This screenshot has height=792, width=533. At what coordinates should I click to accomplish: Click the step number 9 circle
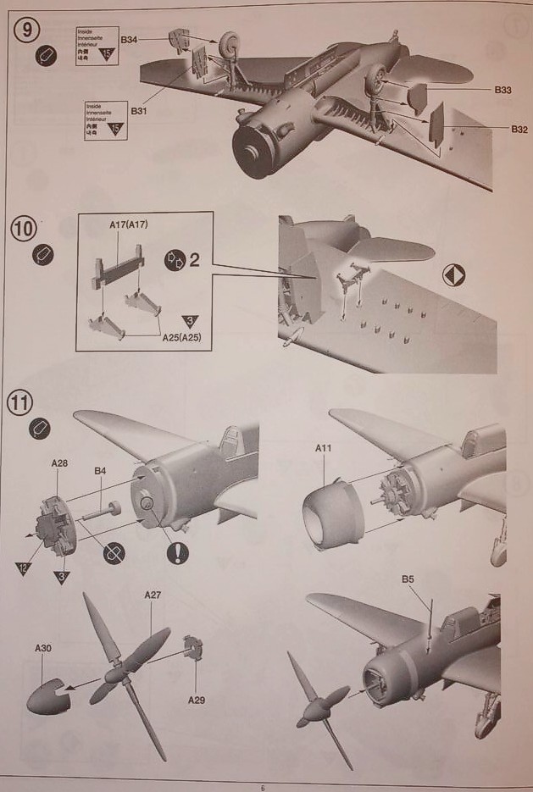click(x=26, y=30)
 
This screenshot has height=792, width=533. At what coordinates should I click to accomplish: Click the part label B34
click(x=130, y=40)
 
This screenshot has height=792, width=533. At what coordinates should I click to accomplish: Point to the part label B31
click(x=139, y=110)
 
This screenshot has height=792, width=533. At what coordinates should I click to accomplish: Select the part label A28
click(x=59, y=464)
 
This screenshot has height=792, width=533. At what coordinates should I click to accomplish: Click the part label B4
click(x=100, y=471)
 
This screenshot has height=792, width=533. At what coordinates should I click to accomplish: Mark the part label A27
click(x=153, y=595)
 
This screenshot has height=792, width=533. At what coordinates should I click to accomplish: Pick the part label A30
click(x=43, y=648)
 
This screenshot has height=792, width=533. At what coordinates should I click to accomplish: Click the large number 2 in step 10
click(x=194, y=258)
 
